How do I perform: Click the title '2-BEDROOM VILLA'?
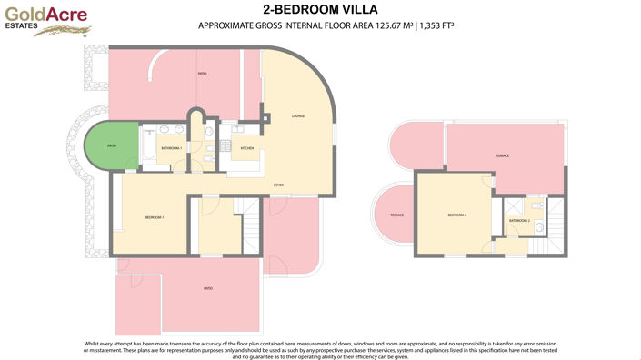tap(320, 10)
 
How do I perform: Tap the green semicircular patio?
tap(108, 145)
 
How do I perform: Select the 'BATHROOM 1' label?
tap(172, 148)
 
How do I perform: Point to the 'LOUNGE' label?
tap(297, 116)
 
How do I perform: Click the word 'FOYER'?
tap(279, 185)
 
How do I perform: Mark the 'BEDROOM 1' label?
tap(154, 218)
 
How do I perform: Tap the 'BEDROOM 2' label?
tap(456, 215)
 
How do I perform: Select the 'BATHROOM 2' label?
tap(519, 221)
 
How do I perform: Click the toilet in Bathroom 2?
tap(538, 227)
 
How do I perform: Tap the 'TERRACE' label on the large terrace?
tap(502, 156)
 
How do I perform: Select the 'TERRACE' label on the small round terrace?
tap(396, 215)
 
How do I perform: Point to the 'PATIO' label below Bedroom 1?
tap(208, 288)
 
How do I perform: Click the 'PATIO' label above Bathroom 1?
tap(202, 73)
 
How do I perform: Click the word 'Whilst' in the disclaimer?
tap(92, 343)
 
